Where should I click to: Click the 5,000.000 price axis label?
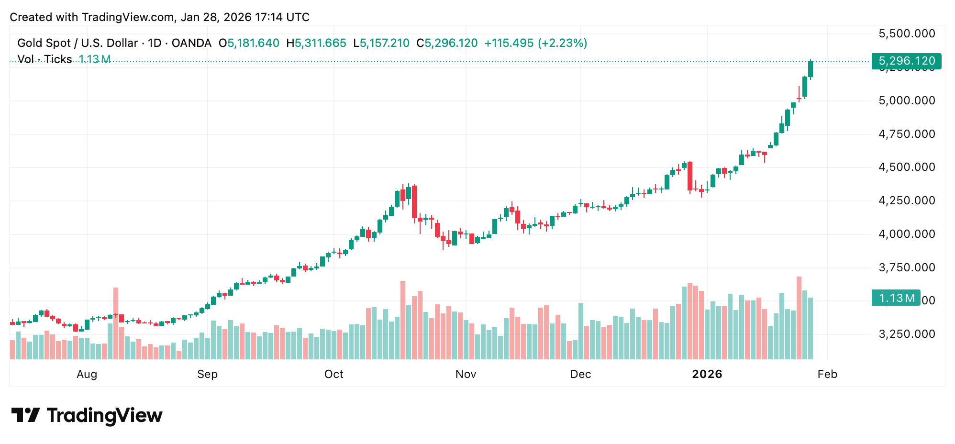(907, 100)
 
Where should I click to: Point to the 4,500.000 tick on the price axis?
(907, 167)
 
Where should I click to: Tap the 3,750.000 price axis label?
(907, 267)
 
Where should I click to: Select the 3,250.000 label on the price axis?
(907, 334)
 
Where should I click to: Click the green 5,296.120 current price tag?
(906, 61)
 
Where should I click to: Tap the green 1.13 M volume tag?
(896, 298)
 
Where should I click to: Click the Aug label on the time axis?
(87, 374)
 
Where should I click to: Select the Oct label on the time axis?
(333, 374)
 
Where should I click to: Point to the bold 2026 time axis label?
(707, 374)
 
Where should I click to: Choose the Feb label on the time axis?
(827, 374)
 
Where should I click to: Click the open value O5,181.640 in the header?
(249, 43)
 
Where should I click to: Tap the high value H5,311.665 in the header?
(316, 43)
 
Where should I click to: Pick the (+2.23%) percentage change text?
(563, 43)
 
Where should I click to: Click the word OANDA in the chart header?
(191, 43)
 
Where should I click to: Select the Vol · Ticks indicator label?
(44, 59)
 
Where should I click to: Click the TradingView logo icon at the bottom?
(25, 415)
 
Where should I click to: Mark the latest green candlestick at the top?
(811, 69)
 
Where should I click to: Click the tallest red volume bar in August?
(116, 323)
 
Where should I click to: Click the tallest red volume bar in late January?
(799, 318)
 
